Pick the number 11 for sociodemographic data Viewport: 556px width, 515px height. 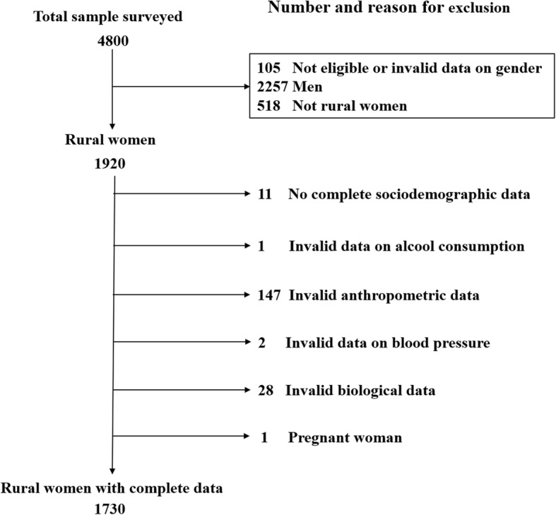click(x=265, y=194)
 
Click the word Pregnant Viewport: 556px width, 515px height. click(x=321, y=438)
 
